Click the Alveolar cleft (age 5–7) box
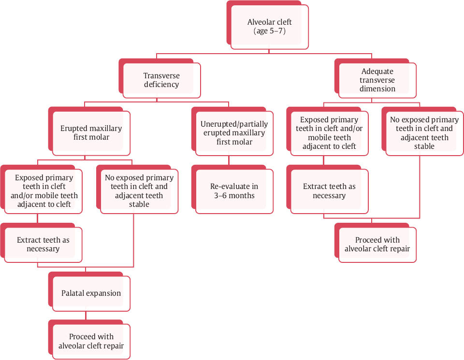pos(269,27)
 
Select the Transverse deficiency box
pos(161,80)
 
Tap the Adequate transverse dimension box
pos(377,80)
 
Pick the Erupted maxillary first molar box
pos(91,133)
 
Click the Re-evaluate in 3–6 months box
pos(234,191)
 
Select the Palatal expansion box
pos(91,293)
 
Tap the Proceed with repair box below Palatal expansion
pos(91,341)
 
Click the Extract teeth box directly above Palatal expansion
pos(43,245)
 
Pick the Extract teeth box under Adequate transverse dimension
pos(329,191)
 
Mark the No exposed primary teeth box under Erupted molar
pos(139,191)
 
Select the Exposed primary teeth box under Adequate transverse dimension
pos(329,133)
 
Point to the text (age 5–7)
pos(269,31)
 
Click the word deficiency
pos(161,85)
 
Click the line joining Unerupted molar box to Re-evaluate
pos(229,160)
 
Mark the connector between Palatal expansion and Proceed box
pos(86,315)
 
